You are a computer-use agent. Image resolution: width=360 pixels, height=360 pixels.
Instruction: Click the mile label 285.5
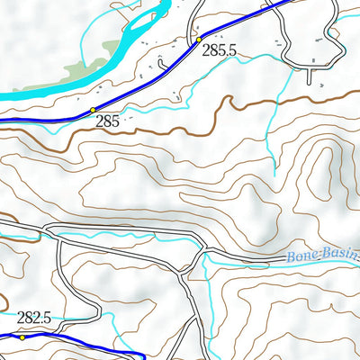click(219, 51)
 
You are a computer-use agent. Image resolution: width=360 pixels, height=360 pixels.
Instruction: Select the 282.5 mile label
click(33, 318)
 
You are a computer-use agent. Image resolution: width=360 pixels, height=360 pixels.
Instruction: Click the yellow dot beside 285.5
click(198, 40)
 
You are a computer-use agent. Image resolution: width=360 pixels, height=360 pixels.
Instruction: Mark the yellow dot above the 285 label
click(93, 110)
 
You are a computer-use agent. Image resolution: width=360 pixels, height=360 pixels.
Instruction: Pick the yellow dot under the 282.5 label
click(23, 337)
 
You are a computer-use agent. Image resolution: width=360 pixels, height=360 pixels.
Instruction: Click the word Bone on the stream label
click(301, 257)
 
